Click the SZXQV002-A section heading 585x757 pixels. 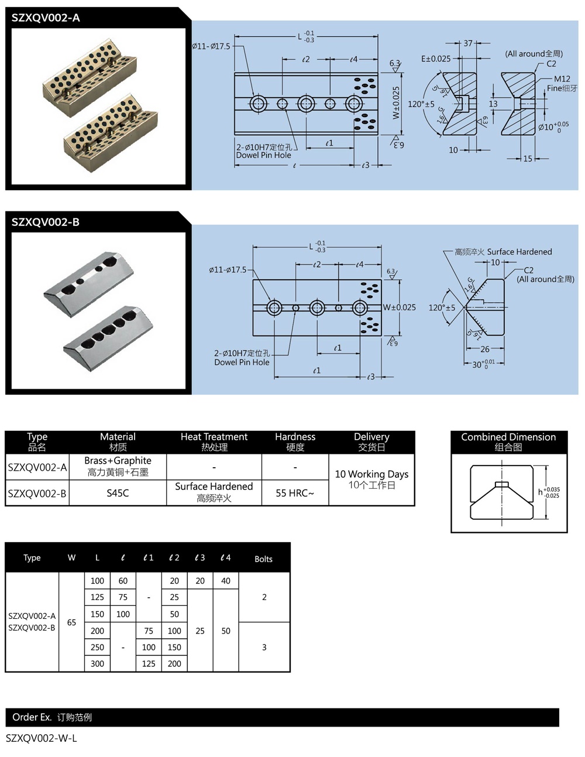coord(46,18)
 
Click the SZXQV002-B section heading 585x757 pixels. coord(46,222)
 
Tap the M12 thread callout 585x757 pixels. coord(562,79)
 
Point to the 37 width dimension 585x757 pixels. coord(468,43)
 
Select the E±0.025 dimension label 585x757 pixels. coord(436,59)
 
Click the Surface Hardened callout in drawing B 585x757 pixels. coord(519,252)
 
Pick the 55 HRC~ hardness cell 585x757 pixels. coord(295,493)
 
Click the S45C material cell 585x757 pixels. coord(118,493)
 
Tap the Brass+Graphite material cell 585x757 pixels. coord(118,466)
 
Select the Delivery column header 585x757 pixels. coord(371,441)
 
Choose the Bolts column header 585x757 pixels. coord(263,559)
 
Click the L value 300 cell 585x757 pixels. coord(97,663)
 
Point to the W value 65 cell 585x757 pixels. coord(71,622)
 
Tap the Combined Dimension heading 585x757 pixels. coord(508,441)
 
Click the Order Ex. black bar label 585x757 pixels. coord(52,717)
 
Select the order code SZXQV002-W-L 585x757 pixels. coord(42,738)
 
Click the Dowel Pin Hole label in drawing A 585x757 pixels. coord(263,155)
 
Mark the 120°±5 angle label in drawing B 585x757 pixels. coord(442,307)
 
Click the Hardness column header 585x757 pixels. coord(295,441)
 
